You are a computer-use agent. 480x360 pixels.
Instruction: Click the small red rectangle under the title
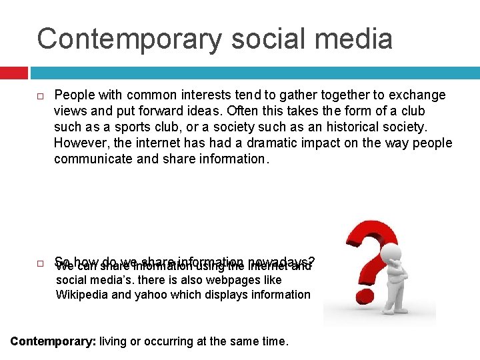coord(14,72)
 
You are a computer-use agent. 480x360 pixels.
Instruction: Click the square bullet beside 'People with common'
coord(41,96)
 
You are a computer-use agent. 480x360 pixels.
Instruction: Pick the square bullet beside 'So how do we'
coord(41,263)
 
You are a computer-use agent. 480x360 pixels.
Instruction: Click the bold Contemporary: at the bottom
coord(53,342)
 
